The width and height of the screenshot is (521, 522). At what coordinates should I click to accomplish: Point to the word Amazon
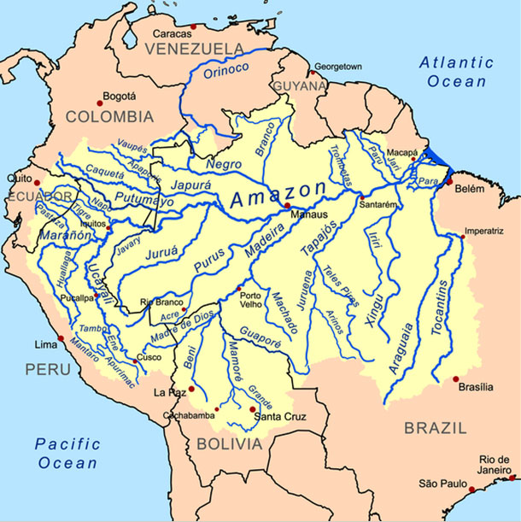[x=278, y=196]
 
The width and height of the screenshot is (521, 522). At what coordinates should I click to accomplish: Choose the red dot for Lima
[x=61, y=339]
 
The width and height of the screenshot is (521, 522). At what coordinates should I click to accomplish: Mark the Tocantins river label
[x=445, y=316]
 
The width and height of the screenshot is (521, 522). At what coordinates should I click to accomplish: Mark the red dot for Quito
[x=36, y=182]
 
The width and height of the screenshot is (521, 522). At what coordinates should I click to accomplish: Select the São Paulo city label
[x=439, y=484]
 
